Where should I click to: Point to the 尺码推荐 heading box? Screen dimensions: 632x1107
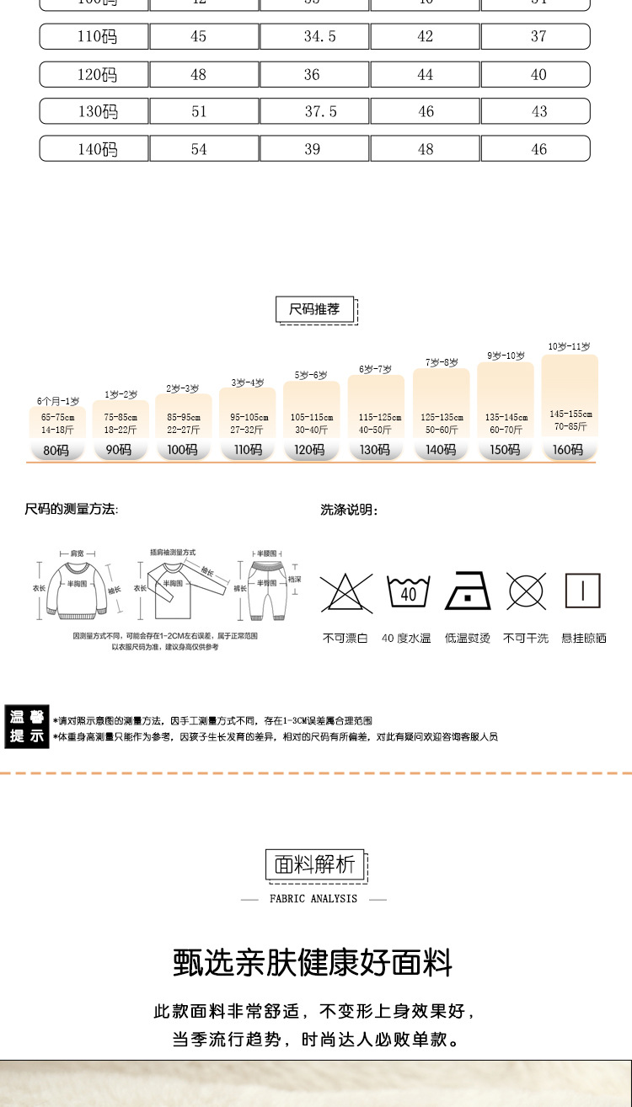(x=315, y=309)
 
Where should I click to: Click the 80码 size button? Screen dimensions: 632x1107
(x=56, y=450)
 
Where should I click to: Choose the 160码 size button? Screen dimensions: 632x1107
(x=568, y=450)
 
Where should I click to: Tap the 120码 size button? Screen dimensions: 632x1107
(x=310, y=450)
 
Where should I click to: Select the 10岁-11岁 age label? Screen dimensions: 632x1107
(x=569, y=346)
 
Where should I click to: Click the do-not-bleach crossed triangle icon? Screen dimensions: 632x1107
(x=345, y=591)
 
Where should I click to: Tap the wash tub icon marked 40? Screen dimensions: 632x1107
(x=408, y=591)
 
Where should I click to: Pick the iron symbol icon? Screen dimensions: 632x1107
(x=467, y=591)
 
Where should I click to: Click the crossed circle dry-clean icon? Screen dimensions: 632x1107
(x=526, y=591)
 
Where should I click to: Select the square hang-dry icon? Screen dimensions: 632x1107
(x=583, y=591)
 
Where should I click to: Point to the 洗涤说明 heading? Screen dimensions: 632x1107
(x=349, y=510)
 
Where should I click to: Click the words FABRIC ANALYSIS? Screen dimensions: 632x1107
(x=313, y=899)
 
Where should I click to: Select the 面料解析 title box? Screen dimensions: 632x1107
(x=315, y=864)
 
